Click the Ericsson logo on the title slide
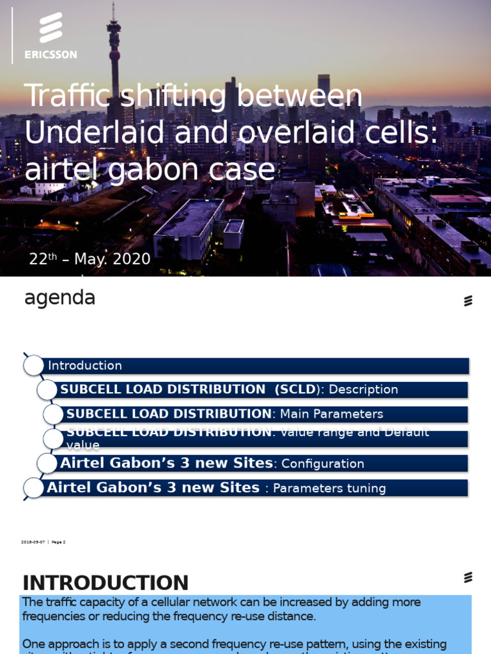[51, 29]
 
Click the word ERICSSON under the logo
[51, 55]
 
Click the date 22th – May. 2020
[90, 259]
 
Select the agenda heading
[59, 298]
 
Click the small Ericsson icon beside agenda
[468, 301]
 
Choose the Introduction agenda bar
[256, 366]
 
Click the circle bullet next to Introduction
[33, 366]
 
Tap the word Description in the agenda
[363, 390]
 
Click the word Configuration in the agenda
[323, 464]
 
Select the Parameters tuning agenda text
[329, 489]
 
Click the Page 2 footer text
[58, 542]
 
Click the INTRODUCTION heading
[105, 582]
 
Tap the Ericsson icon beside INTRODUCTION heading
[468, 577]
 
